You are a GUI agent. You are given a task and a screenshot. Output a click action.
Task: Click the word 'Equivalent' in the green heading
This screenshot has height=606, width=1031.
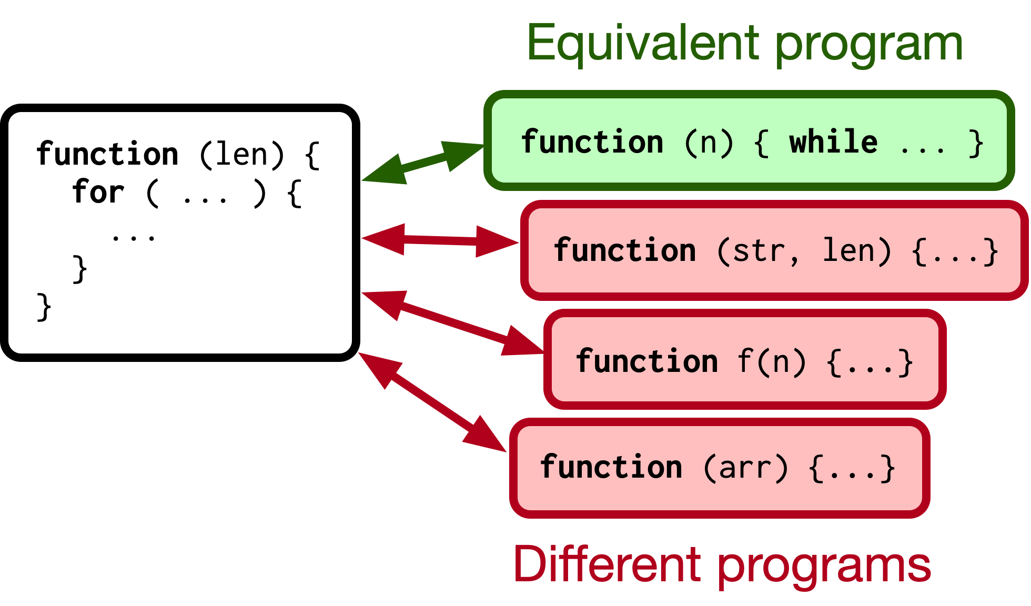click(x=643, y=43)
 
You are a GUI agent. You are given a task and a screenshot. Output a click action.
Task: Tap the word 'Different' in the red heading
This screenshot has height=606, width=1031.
click(x=607, y=564)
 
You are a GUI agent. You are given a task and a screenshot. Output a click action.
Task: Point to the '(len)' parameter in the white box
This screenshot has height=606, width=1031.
click(x=241, y=155)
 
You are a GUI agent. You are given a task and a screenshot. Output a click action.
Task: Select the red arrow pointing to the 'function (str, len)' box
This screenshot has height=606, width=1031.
click(x=440, y=240)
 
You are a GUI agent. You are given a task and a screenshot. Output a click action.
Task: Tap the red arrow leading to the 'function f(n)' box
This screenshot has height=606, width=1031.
click(x=452, y=323)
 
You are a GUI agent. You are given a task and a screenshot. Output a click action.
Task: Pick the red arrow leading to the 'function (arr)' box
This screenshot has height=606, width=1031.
click(x=432, y=402)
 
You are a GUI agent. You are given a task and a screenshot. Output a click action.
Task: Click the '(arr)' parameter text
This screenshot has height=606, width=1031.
click(x=746, y=468)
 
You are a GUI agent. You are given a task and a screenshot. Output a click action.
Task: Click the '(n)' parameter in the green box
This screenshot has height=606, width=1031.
click(x=709, y=143)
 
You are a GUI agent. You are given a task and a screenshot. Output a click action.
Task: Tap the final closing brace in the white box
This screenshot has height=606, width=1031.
click(x=44, y=307)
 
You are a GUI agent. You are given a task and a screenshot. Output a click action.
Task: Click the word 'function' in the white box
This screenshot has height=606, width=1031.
click(x=107, y=154)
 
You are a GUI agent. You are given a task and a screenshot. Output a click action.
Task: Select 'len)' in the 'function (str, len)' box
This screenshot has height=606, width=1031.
click(x=856, y=251)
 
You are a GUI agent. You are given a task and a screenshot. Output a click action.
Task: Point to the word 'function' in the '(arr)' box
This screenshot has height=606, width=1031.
click(x=611, y=467)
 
